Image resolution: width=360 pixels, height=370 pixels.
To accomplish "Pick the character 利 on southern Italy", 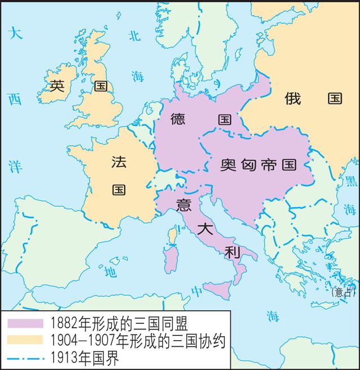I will point(232,252).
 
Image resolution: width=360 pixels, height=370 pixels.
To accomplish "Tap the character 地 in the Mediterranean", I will point(110,272).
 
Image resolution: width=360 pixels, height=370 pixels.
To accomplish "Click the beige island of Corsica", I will point(171,236).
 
